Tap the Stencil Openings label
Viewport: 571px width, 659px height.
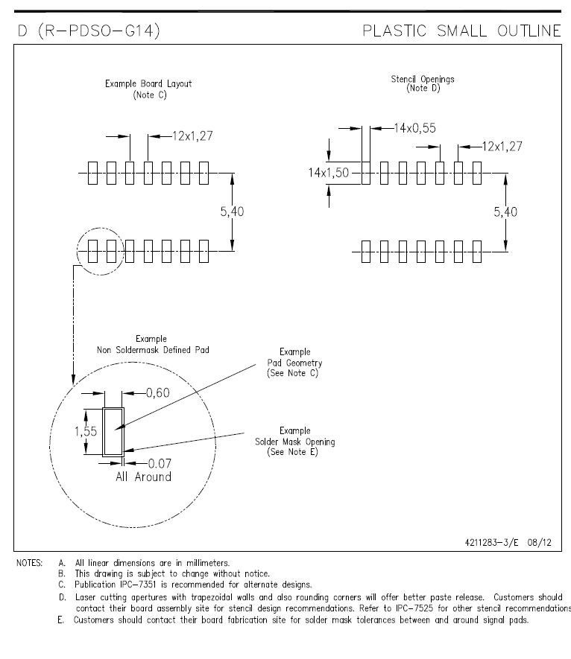(423, 83)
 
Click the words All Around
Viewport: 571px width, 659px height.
(143, 477)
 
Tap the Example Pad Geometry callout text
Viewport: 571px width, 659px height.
(294, 362)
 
